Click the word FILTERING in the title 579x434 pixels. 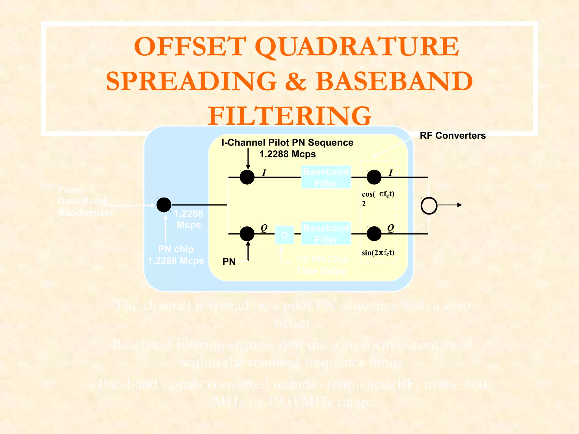point(289,116)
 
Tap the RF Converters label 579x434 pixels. point(453,136)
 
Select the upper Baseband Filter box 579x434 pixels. point(326,177)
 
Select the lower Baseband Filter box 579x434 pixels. point(326,233)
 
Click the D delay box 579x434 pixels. point(284,235)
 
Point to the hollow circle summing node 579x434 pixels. point(429,205)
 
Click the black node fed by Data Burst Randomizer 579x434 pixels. point(164,205)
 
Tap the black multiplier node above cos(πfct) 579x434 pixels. point(374,177)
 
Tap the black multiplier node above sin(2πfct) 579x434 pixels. point(374,234)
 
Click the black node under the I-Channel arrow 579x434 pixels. point(247,177)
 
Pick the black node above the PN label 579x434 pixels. point(247,234)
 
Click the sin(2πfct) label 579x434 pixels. point(378,253)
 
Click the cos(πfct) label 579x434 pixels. point(378,194)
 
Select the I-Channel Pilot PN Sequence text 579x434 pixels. point(287,143)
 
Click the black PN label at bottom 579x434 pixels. point(229,262)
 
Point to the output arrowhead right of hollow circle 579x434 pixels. point(460,205)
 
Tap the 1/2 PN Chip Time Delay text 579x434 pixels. point(322,265)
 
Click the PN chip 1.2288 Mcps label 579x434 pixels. point(176,255)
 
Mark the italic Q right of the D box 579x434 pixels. point(390,228)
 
